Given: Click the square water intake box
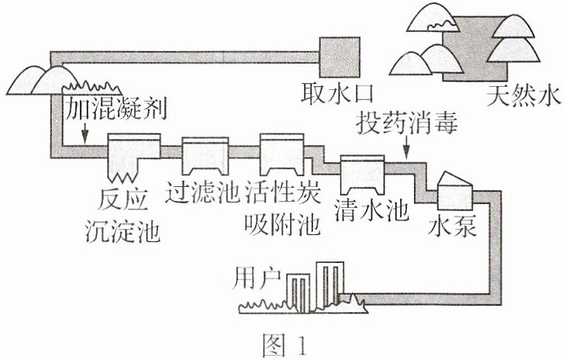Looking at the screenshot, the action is pyautogui.click(x=340, y=57).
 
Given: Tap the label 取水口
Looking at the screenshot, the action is pyautogui.click(x=337, y=93).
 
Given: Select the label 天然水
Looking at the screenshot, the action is pyautogui.click(x=524, y=95).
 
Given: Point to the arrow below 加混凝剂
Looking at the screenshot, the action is pyautogui.click(x=85, y=133).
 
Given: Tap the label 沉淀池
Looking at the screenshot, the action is pyautogui.click(x=123, y=231).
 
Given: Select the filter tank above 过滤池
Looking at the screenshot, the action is pyautogui.click(x=205, y=156).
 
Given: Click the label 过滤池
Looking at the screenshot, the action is pyautogui.click(x=202, y=192).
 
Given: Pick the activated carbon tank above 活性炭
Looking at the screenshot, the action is pyautogui.click(x=282, y=154).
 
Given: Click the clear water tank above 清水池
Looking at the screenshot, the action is pyautogui.click(x=362, y=175).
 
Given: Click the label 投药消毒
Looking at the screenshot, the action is pyautogui.click(x=407, y=123).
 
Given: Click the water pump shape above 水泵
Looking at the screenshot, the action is pyautogui.click(x=454, y=191).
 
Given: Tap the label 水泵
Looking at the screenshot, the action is pyautogui.click(x=452, y=227).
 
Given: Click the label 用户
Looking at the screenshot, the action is pyautogui.click(x=257, y=279).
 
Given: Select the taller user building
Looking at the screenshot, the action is pyautogui.click(x=330, y=285).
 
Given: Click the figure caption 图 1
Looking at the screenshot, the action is pyautogui.click(x=285, y=344).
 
